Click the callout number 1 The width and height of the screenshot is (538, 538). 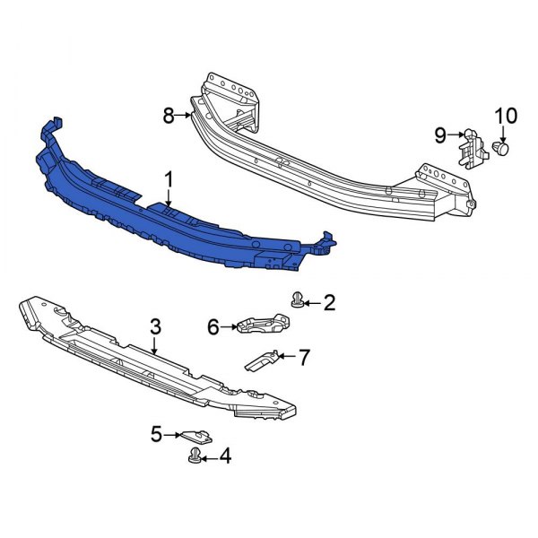[x=169, y=181]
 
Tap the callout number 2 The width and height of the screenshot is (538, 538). [x=329, y=303]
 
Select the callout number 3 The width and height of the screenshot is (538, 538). [x=155, y=329]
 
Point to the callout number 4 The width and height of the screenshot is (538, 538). [x=224, y=457]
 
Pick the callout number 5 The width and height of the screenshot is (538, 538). [x=156, y=435]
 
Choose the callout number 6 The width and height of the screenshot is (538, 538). [x=213, y=328]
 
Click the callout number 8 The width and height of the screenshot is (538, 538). [x=169, y=115]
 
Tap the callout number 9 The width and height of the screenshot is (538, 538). [x=440, y=134]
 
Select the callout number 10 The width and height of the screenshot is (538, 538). [x=506, y=116]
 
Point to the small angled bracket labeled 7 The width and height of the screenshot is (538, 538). [x=263, y=360]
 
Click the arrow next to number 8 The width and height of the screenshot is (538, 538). [x=186, y=115]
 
